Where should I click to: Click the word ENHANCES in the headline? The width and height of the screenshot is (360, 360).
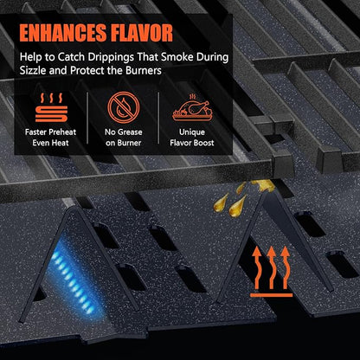pos(63,33)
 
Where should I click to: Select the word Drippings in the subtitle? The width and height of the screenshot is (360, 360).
pos(111,57)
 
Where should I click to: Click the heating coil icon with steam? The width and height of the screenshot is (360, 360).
pos(51,107)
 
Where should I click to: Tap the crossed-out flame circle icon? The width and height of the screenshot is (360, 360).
pos(124,107)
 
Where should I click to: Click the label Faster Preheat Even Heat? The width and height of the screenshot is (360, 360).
pos(50,138)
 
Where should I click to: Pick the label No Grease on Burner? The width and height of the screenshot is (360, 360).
pos(124,138)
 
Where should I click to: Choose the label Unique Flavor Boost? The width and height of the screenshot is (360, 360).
pos(192,138)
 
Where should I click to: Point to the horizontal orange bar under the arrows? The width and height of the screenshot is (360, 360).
pos(271,295)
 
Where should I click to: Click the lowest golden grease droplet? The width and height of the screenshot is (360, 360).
pos(237,207)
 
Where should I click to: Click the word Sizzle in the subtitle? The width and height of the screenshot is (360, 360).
pos(33,71)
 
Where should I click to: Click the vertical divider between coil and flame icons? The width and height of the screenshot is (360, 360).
pos(87,118)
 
